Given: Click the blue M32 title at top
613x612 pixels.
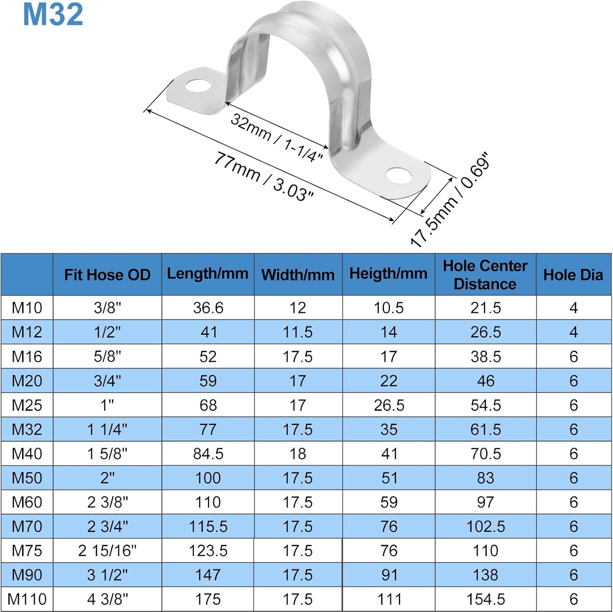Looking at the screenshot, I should point(53,15).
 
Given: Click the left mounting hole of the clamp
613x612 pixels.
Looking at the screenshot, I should point(198,86).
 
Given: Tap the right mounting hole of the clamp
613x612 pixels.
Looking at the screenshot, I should point(399,176).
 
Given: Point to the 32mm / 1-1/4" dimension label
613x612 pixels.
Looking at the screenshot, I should point(277,138).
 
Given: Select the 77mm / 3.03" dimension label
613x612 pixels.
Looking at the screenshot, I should point(264,176).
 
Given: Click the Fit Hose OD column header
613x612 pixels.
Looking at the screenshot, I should point(107,275).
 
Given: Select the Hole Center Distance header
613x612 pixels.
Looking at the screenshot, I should point(485,275).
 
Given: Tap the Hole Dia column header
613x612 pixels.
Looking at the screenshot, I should point(573,275).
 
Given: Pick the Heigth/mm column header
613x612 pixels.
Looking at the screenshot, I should point(388,274).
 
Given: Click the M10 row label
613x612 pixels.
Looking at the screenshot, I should point(27,308).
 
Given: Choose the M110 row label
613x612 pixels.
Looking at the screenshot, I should point(27,599).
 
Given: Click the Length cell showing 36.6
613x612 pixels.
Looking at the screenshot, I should point(208,308).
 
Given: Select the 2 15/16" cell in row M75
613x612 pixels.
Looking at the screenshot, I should point(107,551).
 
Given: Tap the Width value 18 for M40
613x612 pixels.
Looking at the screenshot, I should point(298,454).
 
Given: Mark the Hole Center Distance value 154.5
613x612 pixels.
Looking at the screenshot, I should point(485,599).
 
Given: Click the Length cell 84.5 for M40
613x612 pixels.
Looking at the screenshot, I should point(208,454).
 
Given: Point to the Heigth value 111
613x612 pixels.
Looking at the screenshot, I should point(389,599).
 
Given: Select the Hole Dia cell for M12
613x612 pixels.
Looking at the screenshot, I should point(573,332).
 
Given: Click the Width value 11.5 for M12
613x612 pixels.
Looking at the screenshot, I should point(298,332).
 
